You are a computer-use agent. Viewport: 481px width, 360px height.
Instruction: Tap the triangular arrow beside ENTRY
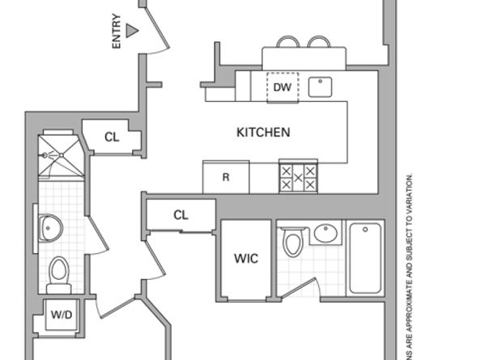click(x=133, y=31)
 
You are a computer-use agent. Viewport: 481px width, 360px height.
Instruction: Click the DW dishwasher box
click(x=282, y=87)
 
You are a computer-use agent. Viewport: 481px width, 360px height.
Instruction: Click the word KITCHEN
click(x=262, y=132)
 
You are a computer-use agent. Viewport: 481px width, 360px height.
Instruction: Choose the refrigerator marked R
click(x=225, y=177)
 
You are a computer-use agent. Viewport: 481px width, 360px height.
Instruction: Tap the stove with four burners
click(x=298, y=177)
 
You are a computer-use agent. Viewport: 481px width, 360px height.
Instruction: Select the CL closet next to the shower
click(x=112, y=138)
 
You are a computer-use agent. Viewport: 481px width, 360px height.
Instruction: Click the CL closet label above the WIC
click(x=181, y=215)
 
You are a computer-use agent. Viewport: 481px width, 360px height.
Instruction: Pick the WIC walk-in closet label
click(x=245, y=259)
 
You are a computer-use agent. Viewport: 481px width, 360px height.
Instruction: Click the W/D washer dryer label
click(x=61, y=315)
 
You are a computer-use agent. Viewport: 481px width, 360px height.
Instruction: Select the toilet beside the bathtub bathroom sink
click(x=292, y=242)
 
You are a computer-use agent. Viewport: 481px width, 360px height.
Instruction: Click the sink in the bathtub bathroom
click(x=324, y=234)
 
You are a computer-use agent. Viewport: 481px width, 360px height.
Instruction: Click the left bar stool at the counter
click(x=288, y=41)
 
